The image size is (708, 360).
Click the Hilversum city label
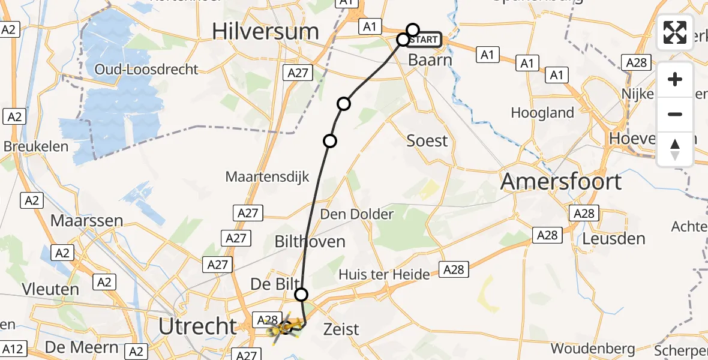[265, 32]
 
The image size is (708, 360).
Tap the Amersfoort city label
[560, 181]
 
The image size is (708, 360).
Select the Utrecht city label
[198, 326]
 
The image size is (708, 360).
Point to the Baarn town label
[429, 60]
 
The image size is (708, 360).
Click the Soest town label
[427, 141]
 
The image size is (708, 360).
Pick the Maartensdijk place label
[267, 177]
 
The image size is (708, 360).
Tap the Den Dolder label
[357, 214]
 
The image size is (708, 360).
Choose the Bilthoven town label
[310, 242]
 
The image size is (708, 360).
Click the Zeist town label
[341, 329]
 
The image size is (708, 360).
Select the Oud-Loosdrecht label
[146, 70]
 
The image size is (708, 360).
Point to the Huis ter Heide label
[384, 275]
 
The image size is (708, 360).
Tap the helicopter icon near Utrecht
[281, 328]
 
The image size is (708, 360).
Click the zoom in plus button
[675, 79]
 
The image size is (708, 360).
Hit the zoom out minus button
[675, 114]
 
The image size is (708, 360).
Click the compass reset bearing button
[675, 149]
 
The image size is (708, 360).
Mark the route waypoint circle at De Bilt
[301, 294]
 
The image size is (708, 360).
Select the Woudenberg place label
[592, 349]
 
